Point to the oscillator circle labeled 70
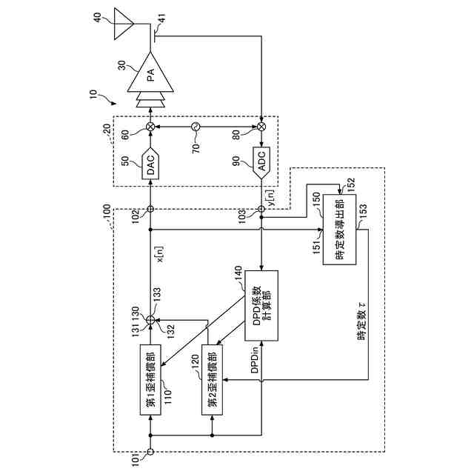click(x=196, y=127)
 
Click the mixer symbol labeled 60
click(x=150, y=127)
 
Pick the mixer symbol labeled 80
click(x=262, y=127)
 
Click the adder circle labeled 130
click(x=150, y=320)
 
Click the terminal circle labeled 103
click(x=262, y=210)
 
